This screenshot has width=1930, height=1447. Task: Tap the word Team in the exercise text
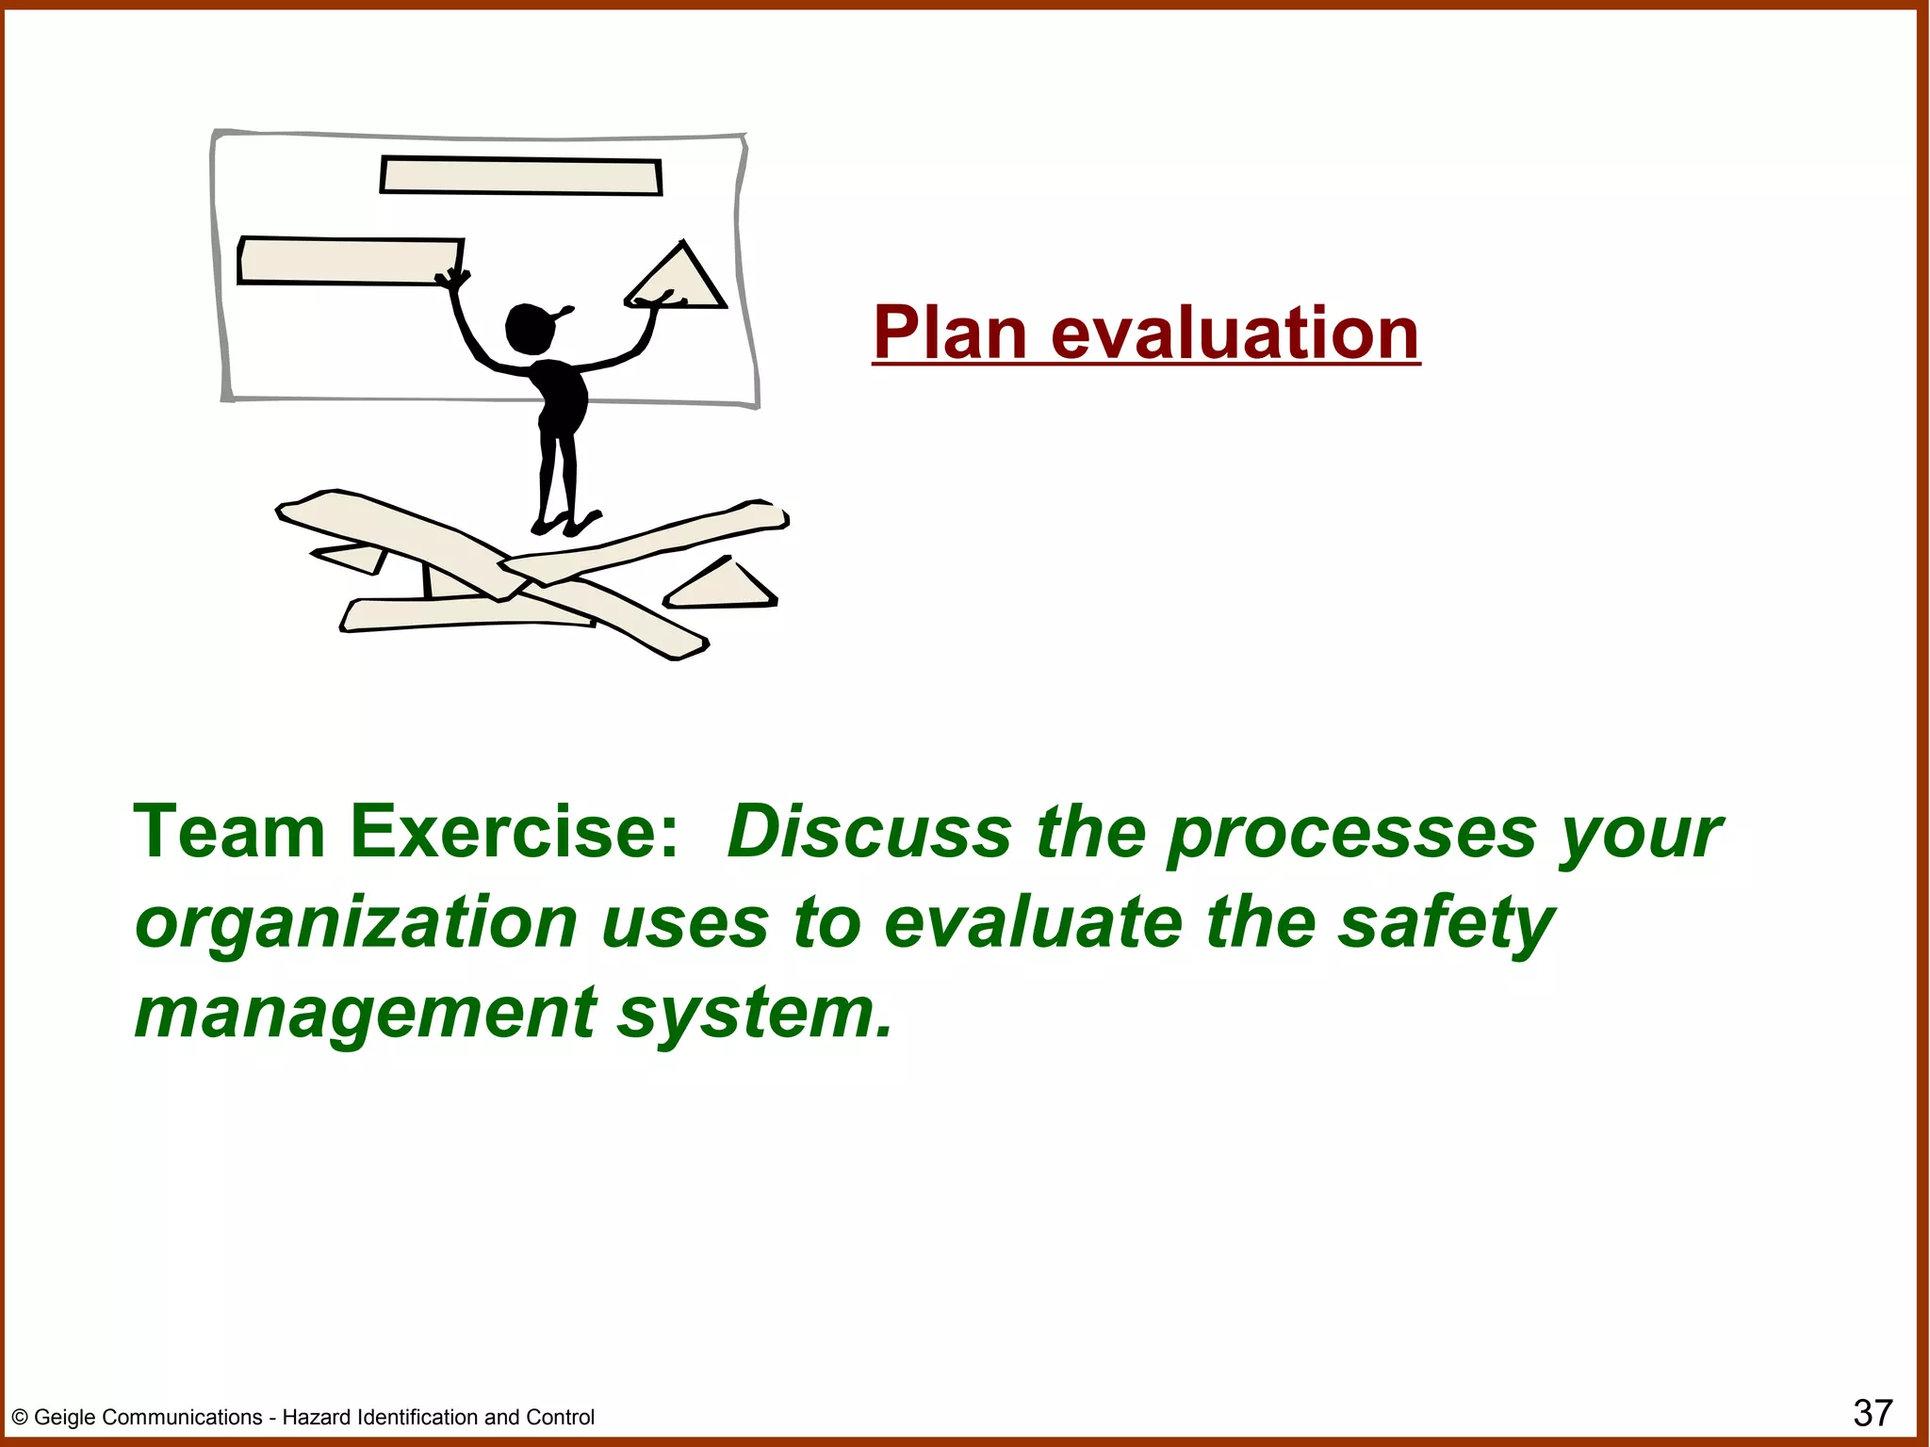(229, 832)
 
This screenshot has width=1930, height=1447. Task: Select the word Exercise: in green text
(515, 832)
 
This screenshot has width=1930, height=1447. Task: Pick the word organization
(355, 924)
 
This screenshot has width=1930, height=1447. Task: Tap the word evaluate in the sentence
(1033, 922)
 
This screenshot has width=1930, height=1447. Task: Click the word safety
(1446, 924)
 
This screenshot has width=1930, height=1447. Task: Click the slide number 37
(1872, 1413)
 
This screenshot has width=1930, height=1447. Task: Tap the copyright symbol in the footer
(19, 1418)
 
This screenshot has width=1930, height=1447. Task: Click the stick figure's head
(529, 328)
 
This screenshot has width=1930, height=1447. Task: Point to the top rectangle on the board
(521, 176)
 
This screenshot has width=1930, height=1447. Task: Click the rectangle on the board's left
(349, 261)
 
